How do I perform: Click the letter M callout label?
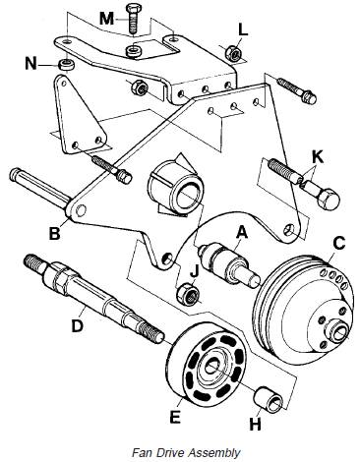point(107,18)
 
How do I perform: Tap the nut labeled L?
point(233,52)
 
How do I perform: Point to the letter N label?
point(30,63)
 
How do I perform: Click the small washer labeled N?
point(67,64)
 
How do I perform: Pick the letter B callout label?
point(54,234)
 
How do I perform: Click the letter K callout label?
point(318,157)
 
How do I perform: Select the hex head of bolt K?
point(329,200)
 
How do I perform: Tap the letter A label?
point(242,233)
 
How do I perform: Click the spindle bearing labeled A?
point(229,263)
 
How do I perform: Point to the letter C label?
point(338,243)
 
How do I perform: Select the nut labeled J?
point(188,294)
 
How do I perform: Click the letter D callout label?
point(78,326)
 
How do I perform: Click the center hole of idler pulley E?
point(211,366)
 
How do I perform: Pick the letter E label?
point(175,417)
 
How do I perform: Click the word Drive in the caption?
point(164,453)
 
